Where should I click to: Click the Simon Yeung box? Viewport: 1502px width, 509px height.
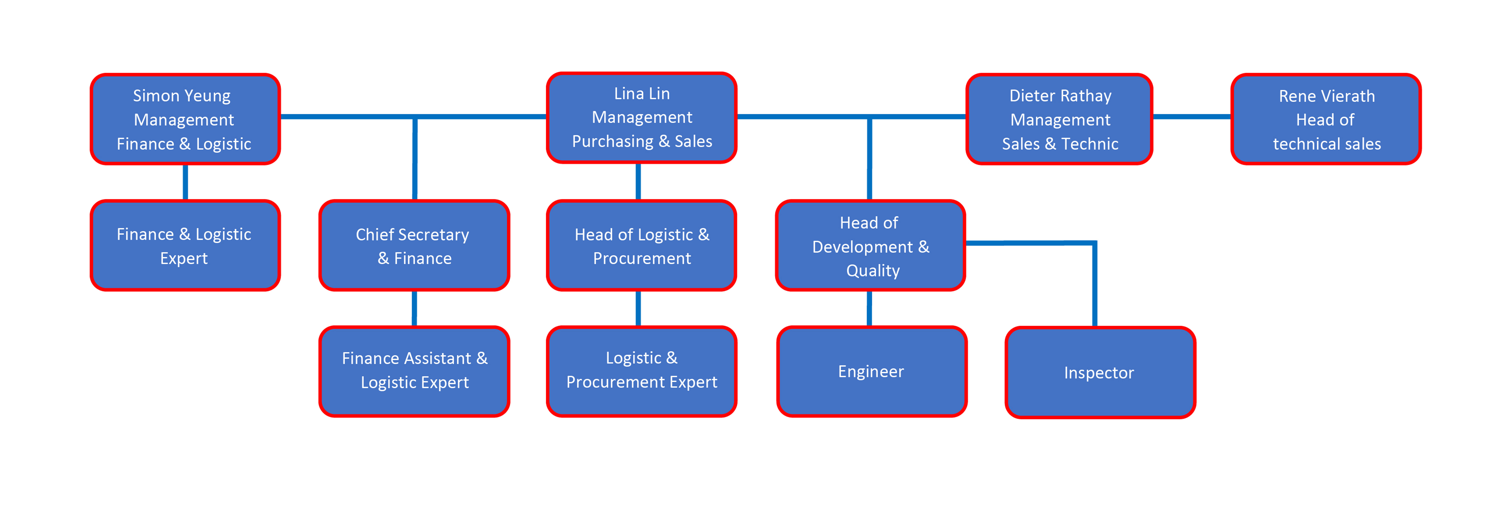(185, 119)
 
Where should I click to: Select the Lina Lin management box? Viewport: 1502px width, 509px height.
(641, 117)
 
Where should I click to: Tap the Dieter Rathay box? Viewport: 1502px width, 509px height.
(1059, 119)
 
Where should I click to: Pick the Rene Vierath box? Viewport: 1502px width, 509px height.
(1326, 119)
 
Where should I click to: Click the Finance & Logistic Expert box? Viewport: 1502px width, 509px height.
(185, 246)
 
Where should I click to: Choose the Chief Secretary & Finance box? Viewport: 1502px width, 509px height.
(414, 246)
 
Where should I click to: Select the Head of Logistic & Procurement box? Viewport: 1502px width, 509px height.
(641, 246)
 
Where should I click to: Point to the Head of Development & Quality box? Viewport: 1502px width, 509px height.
(870, 246)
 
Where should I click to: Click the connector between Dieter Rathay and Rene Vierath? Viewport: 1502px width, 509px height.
(1192, 117)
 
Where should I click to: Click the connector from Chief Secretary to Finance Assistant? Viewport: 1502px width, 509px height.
(415, 308)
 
